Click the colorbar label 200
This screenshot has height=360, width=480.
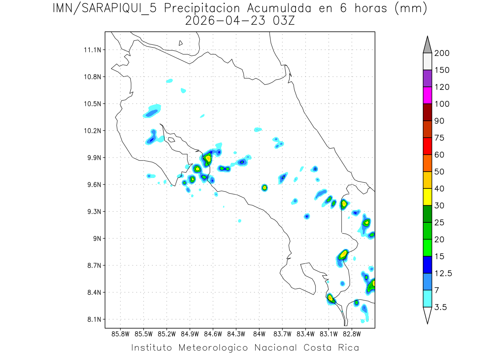(x=442, y=53)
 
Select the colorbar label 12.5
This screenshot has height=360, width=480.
(x=443, y=274)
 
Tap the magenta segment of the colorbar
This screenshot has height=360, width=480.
(x=427, y=95)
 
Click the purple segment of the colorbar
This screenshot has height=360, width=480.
(x=427, y=78)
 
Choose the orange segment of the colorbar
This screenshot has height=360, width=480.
(x=427, y=163)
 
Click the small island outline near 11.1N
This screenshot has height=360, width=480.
(x=181, y=43)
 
